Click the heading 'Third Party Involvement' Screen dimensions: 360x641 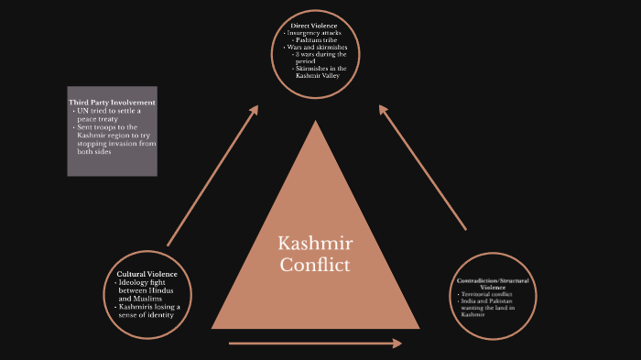(x=112, y=102)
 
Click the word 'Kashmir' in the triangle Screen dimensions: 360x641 (x=315, y=245)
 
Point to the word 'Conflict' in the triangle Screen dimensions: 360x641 (x=315, y=266)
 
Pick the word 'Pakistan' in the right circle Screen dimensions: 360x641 (x=500, y=301)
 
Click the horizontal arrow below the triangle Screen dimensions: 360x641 (x=315, y=344)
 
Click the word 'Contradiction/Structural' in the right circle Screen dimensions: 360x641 (x=492, y=279)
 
